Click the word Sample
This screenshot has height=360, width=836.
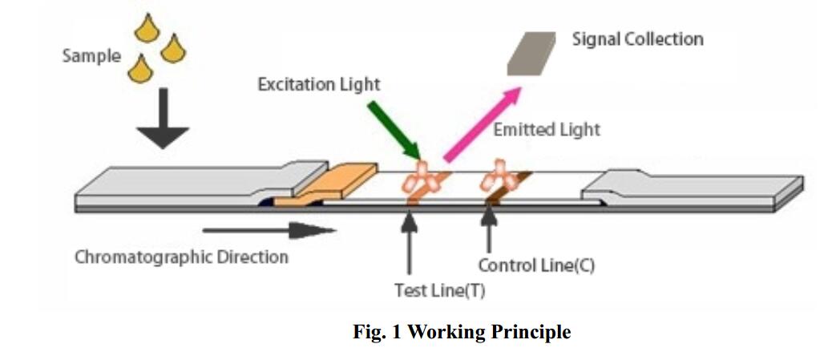pos(91,57)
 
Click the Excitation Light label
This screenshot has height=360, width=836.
pos(318,84)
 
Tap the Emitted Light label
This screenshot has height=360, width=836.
pos(546,130)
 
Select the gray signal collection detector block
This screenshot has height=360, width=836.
pos(531,53)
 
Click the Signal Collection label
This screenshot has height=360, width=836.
pos(637,39)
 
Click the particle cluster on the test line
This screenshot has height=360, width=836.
pos(421,179)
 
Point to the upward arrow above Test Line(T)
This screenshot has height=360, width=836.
pos(410,241)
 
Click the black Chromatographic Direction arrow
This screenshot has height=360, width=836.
pos(269,231)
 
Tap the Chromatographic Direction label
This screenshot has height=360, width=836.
pos(181,257)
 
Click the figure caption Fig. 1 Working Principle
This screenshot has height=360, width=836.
pos(462,331)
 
